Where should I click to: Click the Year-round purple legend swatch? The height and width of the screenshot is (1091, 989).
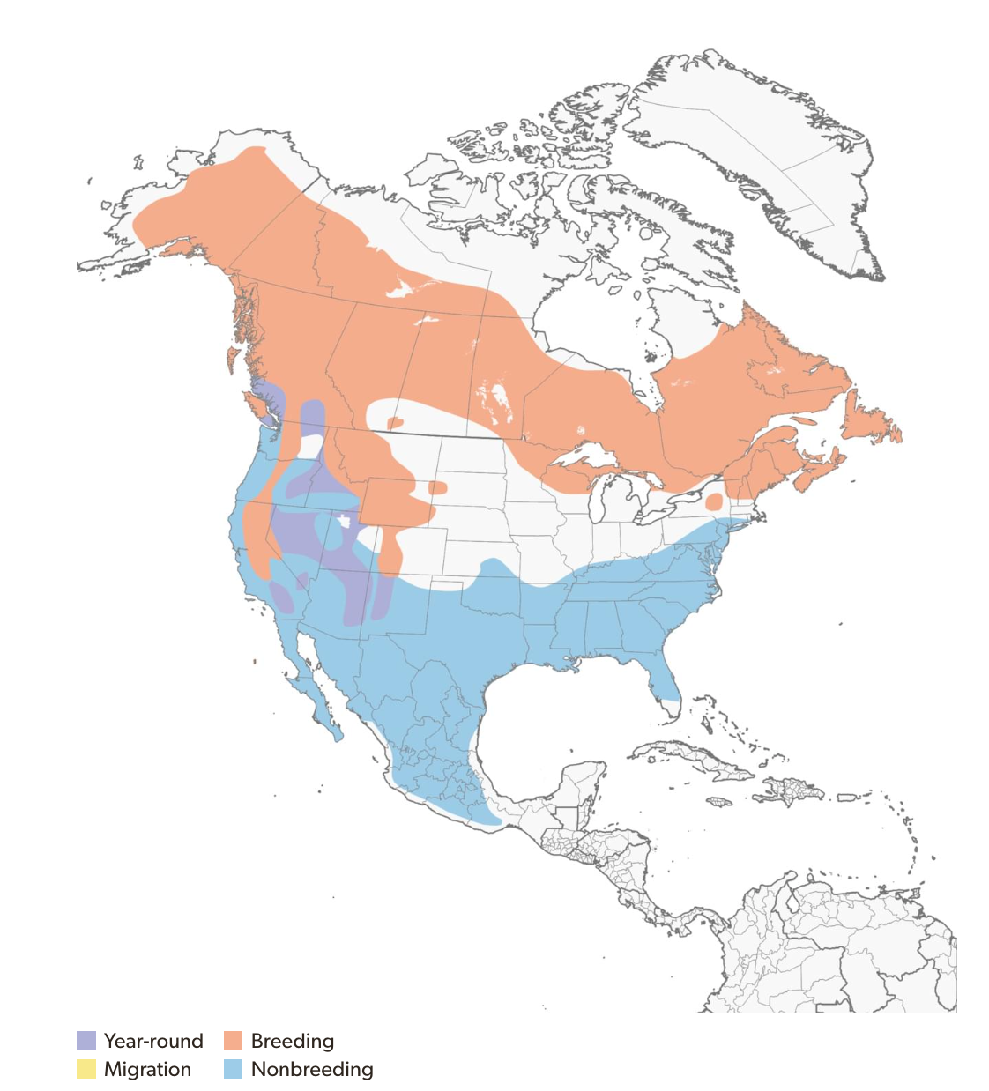(x=86, y=1041)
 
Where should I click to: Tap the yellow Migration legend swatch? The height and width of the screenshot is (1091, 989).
(x=86, y=1069)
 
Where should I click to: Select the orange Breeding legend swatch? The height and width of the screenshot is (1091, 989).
(x=233, y=1041)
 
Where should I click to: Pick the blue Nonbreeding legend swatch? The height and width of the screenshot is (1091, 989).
(x=233, y=1069)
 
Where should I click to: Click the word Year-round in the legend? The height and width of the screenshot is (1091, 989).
(x=153, y=1041)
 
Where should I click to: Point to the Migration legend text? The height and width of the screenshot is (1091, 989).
(x=147, y=1069)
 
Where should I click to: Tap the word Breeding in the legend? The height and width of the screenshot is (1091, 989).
(x=293, y=1041)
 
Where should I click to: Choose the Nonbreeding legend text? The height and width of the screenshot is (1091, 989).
(x=312, y=1069)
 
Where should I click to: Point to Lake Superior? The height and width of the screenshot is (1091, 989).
(x=582, y=458)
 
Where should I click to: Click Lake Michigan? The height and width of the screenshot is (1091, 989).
(x=606, y=502)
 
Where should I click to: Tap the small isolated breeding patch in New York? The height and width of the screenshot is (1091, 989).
(x=715, y=501)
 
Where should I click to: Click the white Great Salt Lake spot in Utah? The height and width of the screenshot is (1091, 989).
(x=344, y=521)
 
